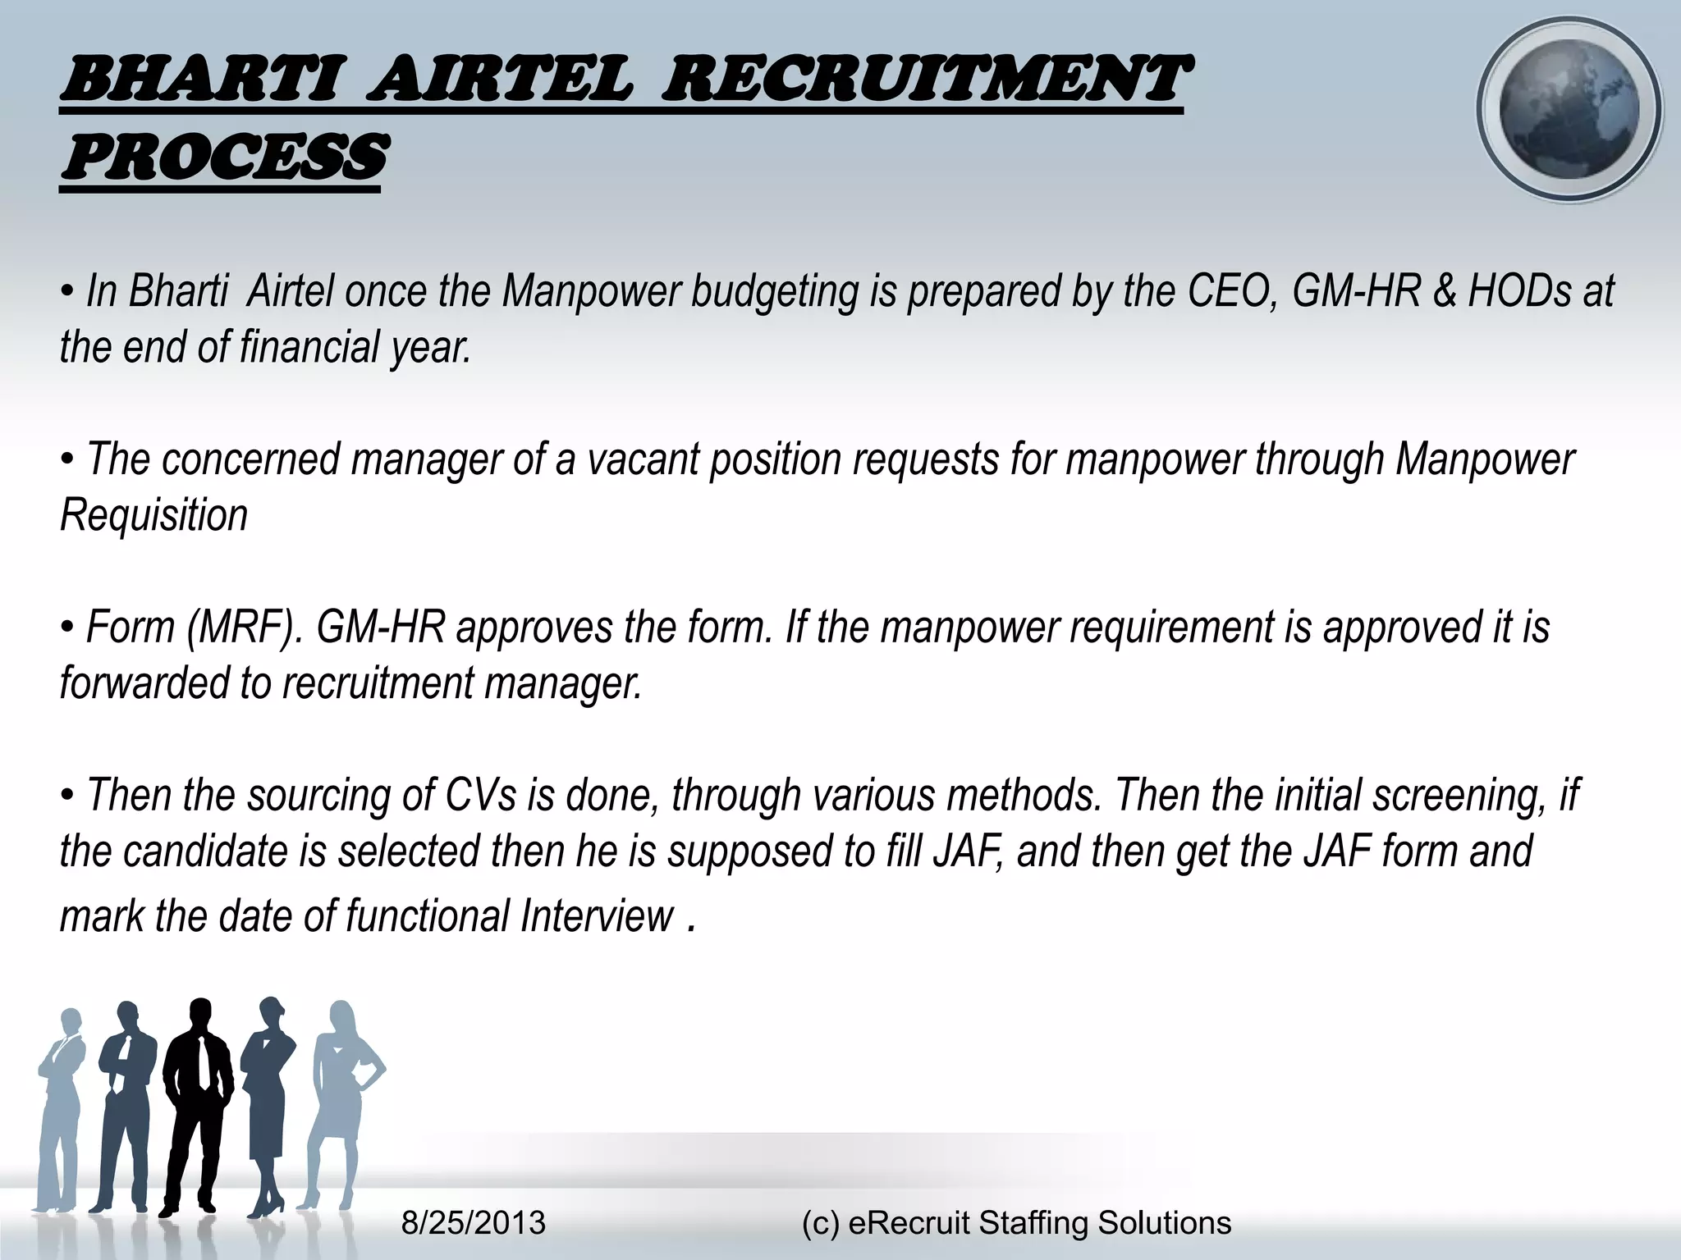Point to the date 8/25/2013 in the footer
[x=473, y=1222]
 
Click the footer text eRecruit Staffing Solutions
[x=1039, y=1222]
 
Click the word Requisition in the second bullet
[x=153, y=515]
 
